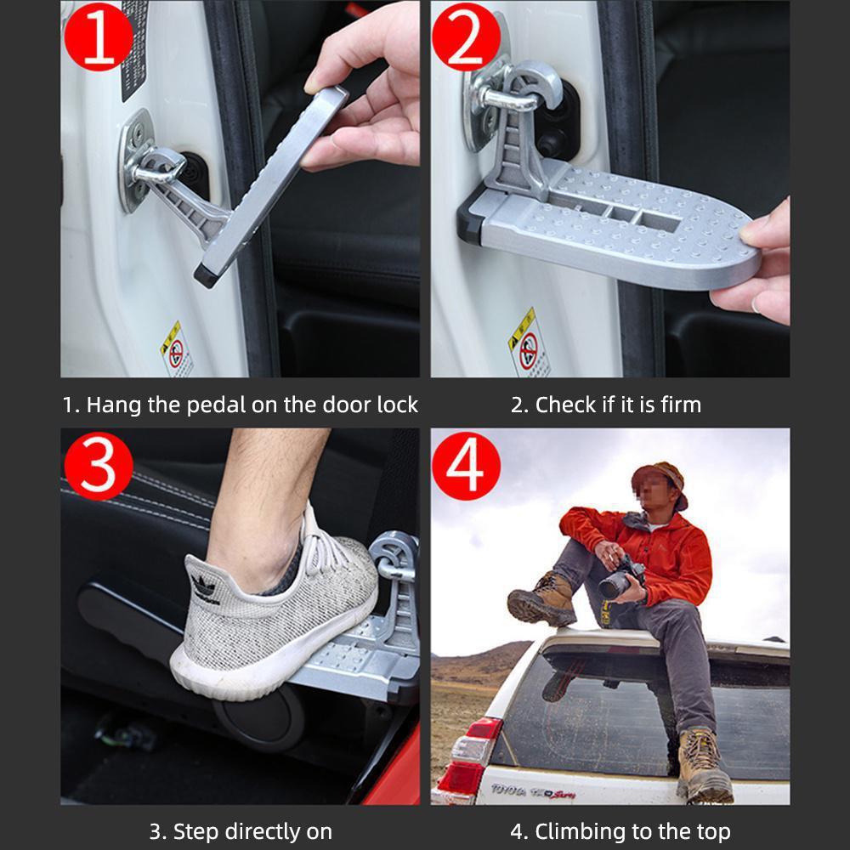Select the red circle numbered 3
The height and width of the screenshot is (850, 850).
pos(99,465)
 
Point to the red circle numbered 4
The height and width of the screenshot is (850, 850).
pos(466,465)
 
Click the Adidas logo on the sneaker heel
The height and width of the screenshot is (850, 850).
pos(203,586)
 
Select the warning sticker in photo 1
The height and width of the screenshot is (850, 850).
pos(176,348)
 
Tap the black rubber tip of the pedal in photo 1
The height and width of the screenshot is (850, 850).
pos(205,275)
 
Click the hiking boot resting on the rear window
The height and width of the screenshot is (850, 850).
pos(704,765)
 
